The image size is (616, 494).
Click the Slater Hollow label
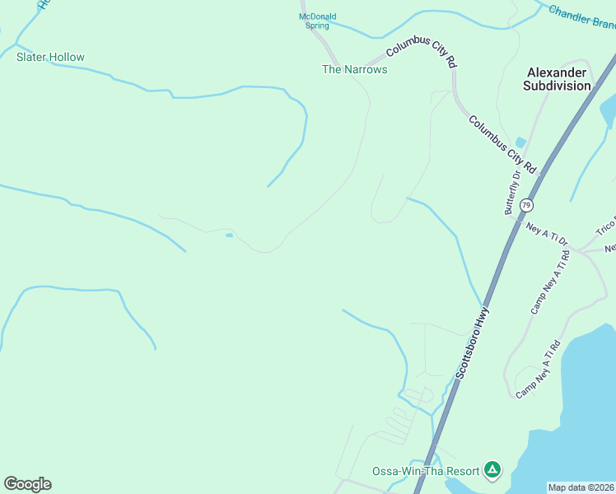pos(50,57)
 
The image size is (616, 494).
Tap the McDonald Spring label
pos(317,21)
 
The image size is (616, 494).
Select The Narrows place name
pos(354,69)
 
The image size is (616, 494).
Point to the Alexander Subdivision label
pos(558,79)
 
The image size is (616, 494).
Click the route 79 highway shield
pos(526,204)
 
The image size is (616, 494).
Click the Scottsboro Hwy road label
pos(473,343)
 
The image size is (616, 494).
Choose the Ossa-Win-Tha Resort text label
pos(426,471)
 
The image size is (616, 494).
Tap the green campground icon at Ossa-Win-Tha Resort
pos(492,469)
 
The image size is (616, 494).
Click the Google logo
pos(27,484)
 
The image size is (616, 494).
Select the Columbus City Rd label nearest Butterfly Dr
pos(502,144)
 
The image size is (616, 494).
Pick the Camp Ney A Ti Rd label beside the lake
pos(539,370)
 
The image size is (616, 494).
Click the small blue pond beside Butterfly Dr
pos(520,142)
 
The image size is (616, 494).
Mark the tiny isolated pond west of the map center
pos(228,235)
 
